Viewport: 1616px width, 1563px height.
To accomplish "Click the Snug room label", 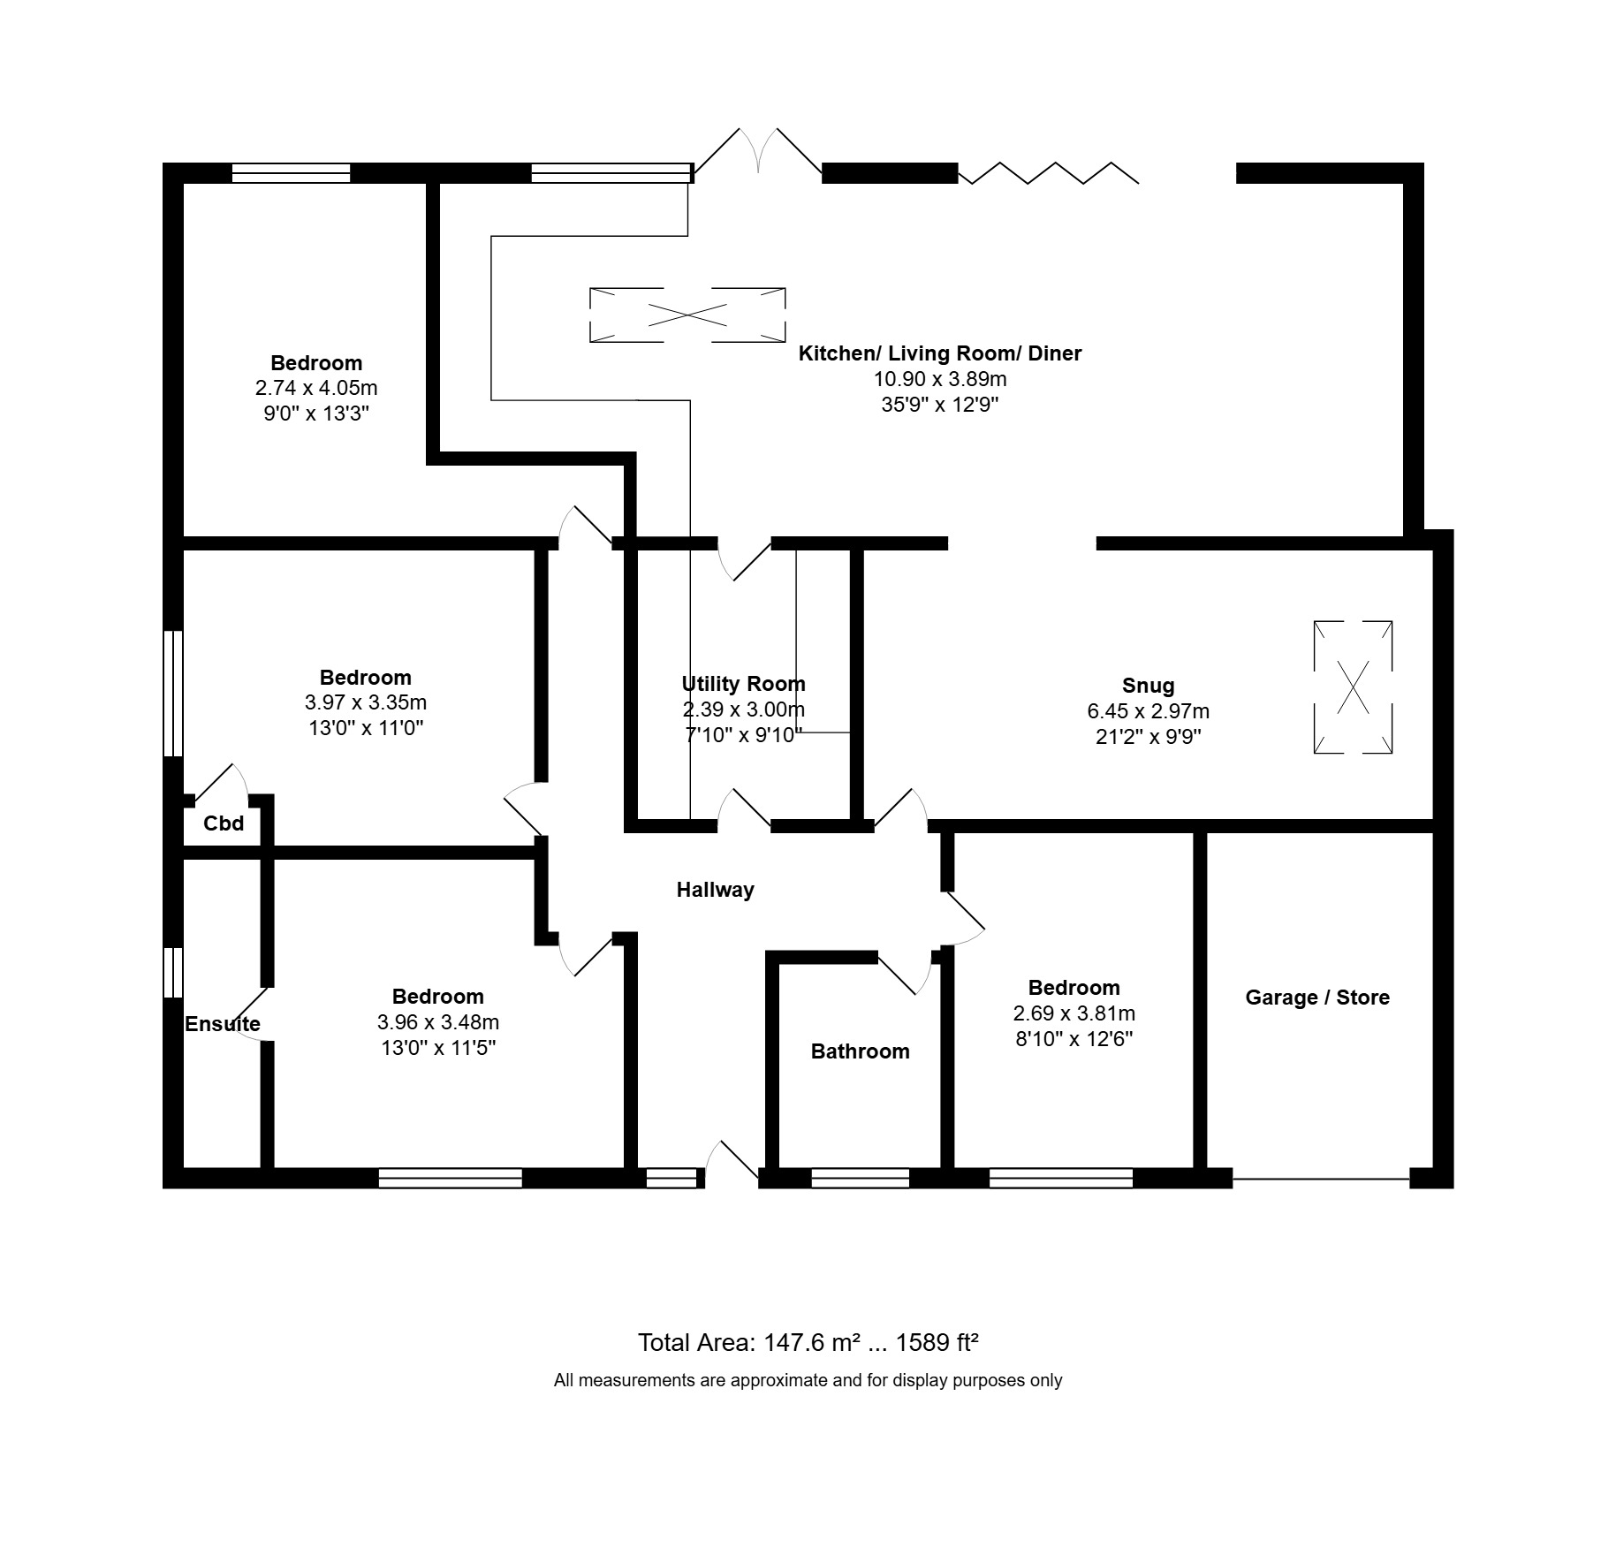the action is [1148, 686].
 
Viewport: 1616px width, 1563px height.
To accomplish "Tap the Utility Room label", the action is [743, 684].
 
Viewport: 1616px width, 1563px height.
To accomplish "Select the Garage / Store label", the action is [1317, 998].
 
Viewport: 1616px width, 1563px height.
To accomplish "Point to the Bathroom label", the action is [860, 1051].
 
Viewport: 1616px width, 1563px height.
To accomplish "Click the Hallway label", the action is [715, 890].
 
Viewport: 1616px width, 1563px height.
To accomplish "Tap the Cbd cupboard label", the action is [224, 823].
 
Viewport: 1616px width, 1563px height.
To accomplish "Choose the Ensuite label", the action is [223, 1024].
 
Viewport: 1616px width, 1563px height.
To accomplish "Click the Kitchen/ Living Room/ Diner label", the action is [940, 353].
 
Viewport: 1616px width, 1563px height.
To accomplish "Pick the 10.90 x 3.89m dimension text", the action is [940, 379].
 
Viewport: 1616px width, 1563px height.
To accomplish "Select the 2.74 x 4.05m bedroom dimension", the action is [316, 388].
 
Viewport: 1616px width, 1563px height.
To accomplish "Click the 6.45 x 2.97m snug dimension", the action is [1148, 711].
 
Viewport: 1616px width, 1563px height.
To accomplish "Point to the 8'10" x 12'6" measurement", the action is [1074, 1039].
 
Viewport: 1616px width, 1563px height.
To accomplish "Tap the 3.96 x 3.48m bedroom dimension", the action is [437, 1022].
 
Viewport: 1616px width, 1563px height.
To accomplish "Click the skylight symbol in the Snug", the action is [1353, 687].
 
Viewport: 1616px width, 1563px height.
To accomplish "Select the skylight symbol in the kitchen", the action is [687, 315].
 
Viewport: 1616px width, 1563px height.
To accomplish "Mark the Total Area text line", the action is [808, 1343].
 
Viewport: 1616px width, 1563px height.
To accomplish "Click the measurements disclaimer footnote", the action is [808, 1380].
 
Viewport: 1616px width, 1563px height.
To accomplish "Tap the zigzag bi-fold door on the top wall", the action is [1049, 173].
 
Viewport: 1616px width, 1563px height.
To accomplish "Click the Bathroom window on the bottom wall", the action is [860, 1178].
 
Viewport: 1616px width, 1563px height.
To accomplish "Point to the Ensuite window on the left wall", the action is [173, 973].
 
